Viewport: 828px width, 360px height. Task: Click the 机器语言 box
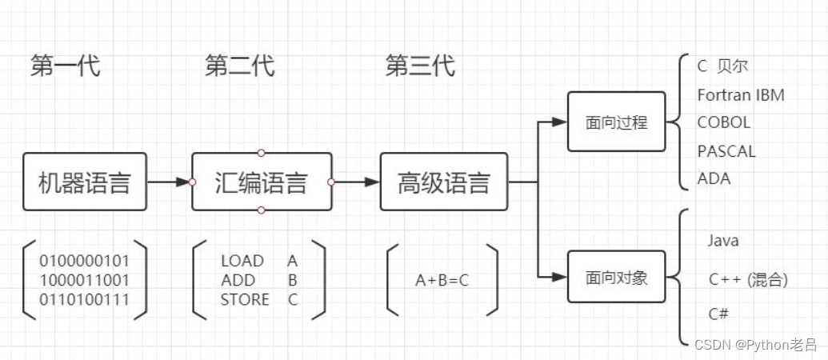pyautogui.click(x=85, y=182)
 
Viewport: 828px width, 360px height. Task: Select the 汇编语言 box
pyautogui.click(x=262, y=182)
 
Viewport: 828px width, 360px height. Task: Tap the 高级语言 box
pyautogui.click(x=443, y=182)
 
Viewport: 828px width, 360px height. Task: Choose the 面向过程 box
pyautogui.click(x=616, y=122)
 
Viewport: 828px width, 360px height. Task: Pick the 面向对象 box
pyautogui.click(x=616, y=277)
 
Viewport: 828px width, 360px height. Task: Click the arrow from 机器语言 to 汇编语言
pyautogui.click(x=169, y=182)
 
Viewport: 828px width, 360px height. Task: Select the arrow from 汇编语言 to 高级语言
pyautogui.click(x=357, y=182)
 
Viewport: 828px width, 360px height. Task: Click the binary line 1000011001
pyautogui.click(x=84, y=280)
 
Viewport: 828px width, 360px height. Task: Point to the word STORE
pyautogui.click(x=245, y=300)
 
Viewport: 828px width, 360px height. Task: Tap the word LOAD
pyautogui.click(x=242, y=261)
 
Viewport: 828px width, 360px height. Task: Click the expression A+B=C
pyautogui.click(x=442, y=281)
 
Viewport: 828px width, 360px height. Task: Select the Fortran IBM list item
pyautogui.click(x=741, y=95)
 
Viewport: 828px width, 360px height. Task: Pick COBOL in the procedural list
pyautogui.click(x=723, y=122)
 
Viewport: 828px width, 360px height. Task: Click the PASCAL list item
pyautogui.click(x=726, y=151)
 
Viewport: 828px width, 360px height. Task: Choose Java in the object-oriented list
pyautogui.click(x=723, y=242)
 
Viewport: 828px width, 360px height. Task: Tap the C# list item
pyautogui.click(x=718, y=314)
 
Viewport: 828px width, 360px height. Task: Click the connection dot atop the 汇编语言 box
pyautogui.click(x=261, y=153)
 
